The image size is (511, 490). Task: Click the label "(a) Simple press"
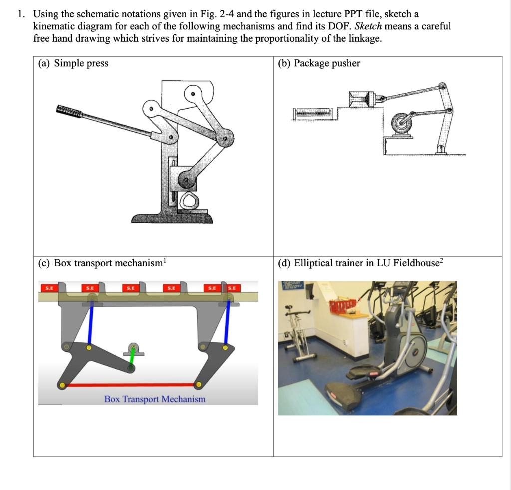pos(73,63)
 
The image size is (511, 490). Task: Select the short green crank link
pos(132,358)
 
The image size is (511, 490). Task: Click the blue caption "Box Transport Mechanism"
pos(155,399)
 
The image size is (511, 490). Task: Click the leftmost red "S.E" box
pos(49,287)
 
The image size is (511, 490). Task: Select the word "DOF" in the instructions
pos(339,26)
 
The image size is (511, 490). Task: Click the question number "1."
pos(20,14)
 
